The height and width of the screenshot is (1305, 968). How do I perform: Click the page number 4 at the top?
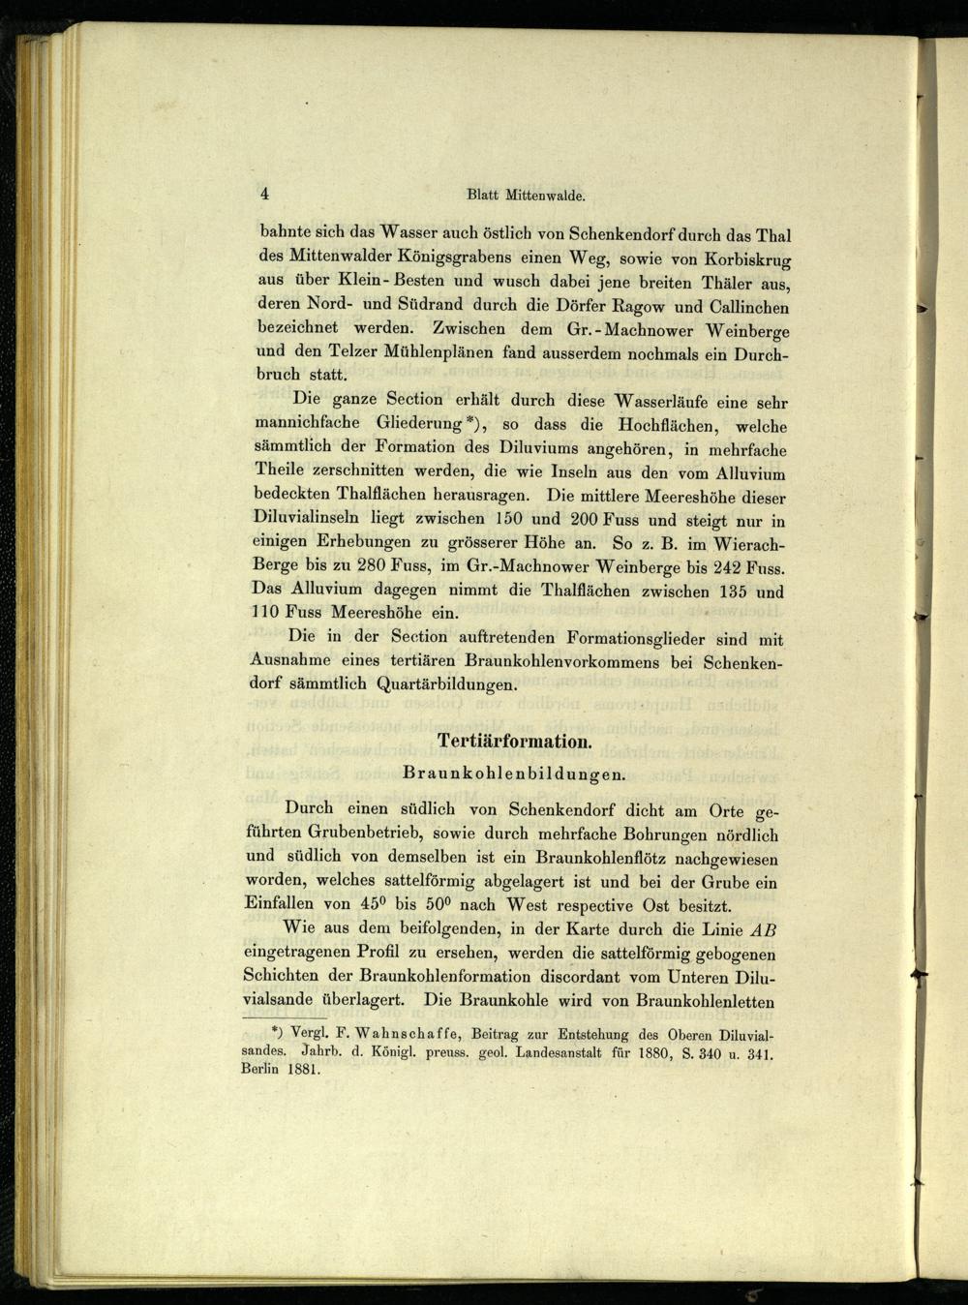(x=264, y=193)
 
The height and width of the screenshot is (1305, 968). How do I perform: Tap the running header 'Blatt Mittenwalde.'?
(x=526, y=196)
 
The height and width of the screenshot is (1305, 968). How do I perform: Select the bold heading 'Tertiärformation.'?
(x=513, y=743)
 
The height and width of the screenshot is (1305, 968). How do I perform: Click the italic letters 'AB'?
(x=764, y=929)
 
